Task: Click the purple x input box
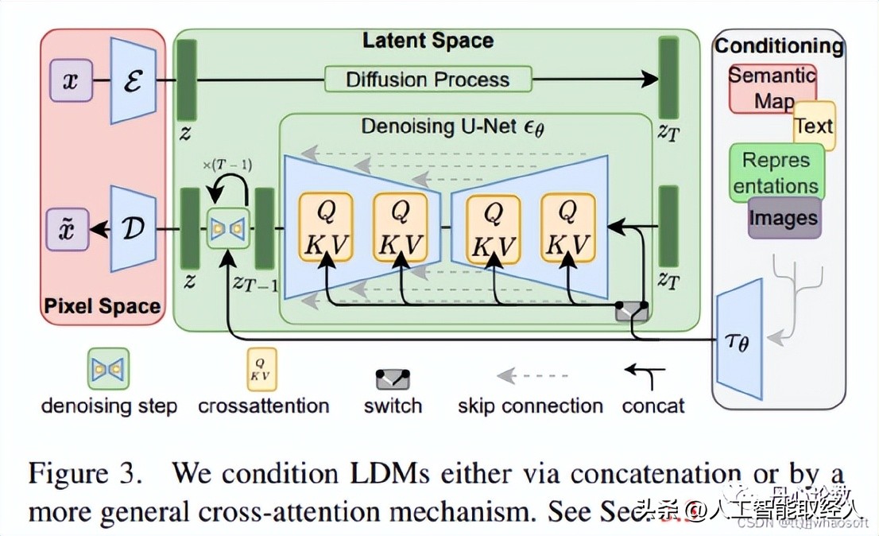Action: pos(71,80)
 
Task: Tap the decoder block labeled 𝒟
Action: pos(132,229)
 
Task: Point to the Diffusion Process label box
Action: pos(428,80)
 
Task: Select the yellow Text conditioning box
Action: pos(815,126)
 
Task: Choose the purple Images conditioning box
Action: pos(783,218)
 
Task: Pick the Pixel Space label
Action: pos(103,306)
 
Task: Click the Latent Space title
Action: pos(428,41)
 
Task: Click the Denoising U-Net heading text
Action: pos(453,127)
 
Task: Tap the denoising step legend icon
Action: pos(109,369)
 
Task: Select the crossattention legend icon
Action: pos(263,369)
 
